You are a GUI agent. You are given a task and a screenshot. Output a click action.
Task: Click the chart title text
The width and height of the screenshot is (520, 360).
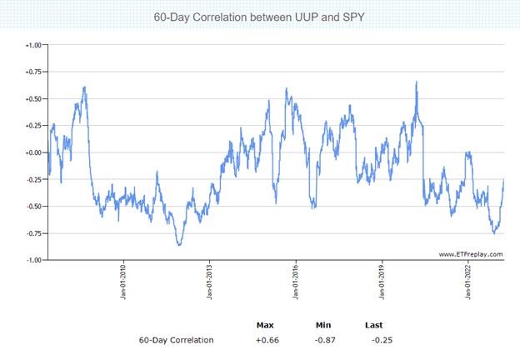click(258, 17)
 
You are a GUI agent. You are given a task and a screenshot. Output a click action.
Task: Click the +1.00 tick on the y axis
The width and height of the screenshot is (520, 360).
click(32, 45)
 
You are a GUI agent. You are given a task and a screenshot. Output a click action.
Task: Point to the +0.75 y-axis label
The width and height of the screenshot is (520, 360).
click(32, 72)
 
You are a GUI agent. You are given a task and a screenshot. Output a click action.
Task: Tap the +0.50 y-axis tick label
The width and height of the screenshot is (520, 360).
click(32, 98)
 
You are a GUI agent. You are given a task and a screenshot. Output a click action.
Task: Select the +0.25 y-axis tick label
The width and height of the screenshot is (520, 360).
click(32, 125)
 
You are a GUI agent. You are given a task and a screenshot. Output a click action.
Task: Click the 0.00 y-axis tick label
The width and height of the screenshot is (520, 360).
click(32, 152)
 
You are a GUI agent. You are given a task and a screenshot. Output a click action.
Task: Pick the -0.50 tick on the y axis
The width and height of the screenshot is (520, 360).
click(32, 206)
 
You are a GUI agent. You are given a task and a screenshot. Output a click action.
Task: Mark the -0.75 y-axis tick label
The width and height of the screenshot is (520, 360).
click(32, 232)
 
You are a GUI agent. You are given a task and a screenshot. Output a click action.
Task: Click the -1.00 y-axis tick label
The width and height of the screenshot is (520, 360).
click(32, 260)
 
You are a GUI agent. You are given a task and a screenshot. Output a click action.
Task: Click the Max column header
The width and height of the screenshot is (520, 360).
click(265, 324)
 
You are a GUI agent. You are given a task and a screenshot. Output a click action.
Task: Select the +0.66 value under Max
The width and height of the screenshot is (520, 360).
click(267, 340)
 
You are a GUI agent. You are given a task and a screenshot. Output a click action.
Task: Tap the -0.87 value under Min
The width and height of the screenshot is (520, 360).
click(324, 340)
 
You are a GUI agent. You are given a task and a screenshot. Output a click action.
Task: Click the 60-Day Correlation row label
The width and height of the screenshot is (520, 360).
click(176, 340)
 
